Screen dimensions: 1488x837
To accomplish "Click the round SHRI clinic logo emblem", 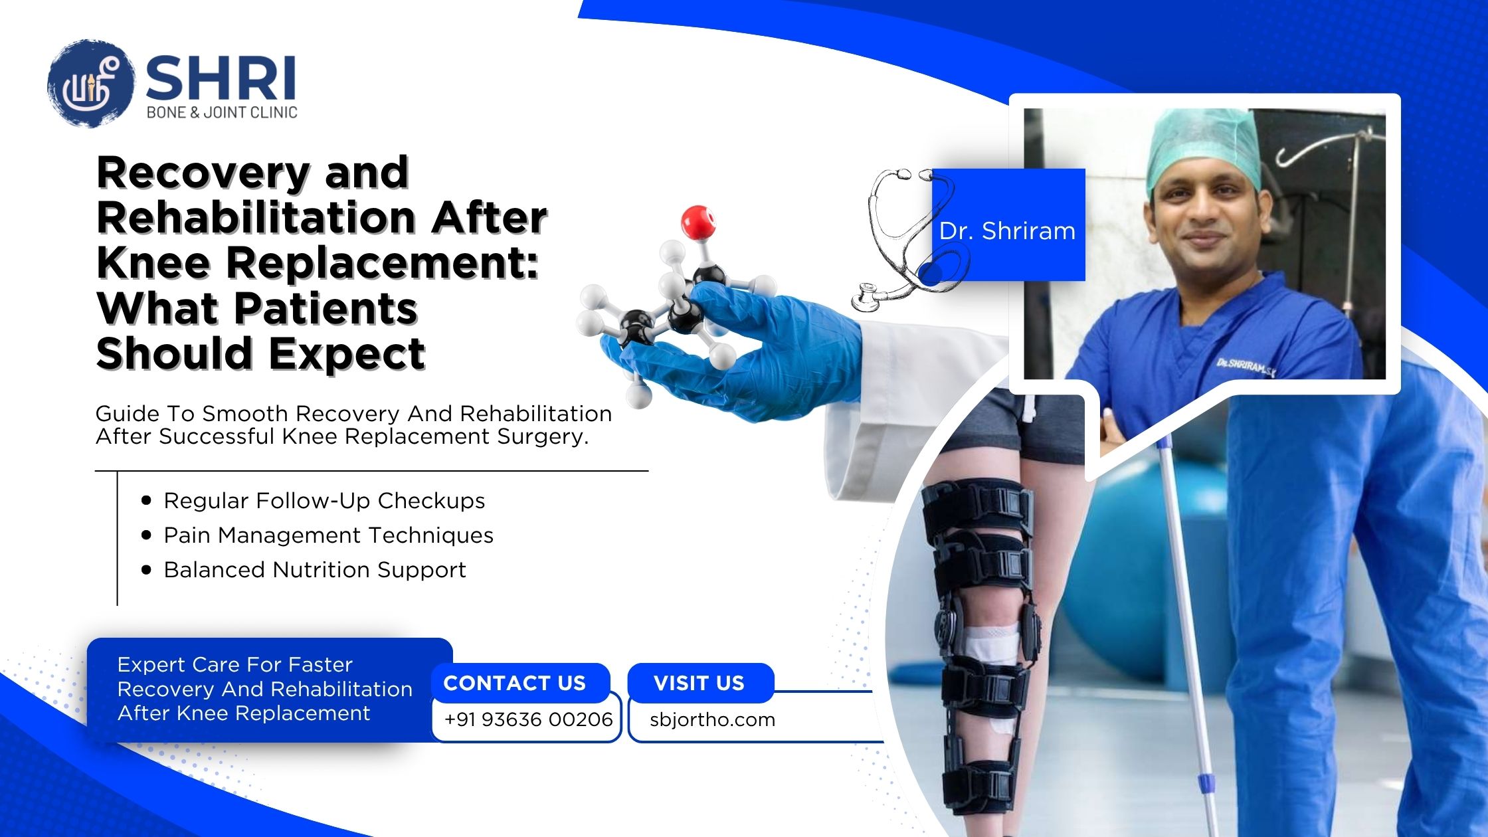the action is [x=91, y=84].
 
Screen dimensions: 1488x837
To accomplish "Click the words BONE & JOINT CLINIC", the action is [x=222, y=112].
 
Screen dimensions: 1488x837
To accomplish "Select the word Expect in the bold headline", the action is [x=347, y=353].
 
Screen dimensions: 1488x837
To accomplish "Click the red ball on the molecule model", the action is [x=698, y=222].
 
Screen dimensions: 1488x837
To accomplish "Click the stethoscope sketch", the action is [x=910, y=239].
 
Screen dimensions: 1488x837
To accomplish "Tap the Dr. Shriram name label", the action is [x=1007, y=231].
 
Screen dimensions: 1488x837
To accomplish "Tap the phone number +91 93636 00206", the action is [x=528, y=719].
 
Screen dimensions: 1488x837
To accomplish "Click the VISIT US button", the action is [x=700, y=683].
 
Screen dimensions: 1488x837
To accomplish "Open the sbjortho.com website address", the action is [x=712, y=719].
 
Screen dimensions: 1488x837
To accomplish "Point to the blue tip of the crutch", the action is [x=1206, y=784].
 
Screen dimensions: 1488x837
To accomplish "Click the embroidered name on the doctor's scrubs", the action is [x=1246, y=367].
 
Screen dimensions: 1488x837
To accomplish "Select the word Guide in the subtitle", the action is [x=127, y=414].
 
